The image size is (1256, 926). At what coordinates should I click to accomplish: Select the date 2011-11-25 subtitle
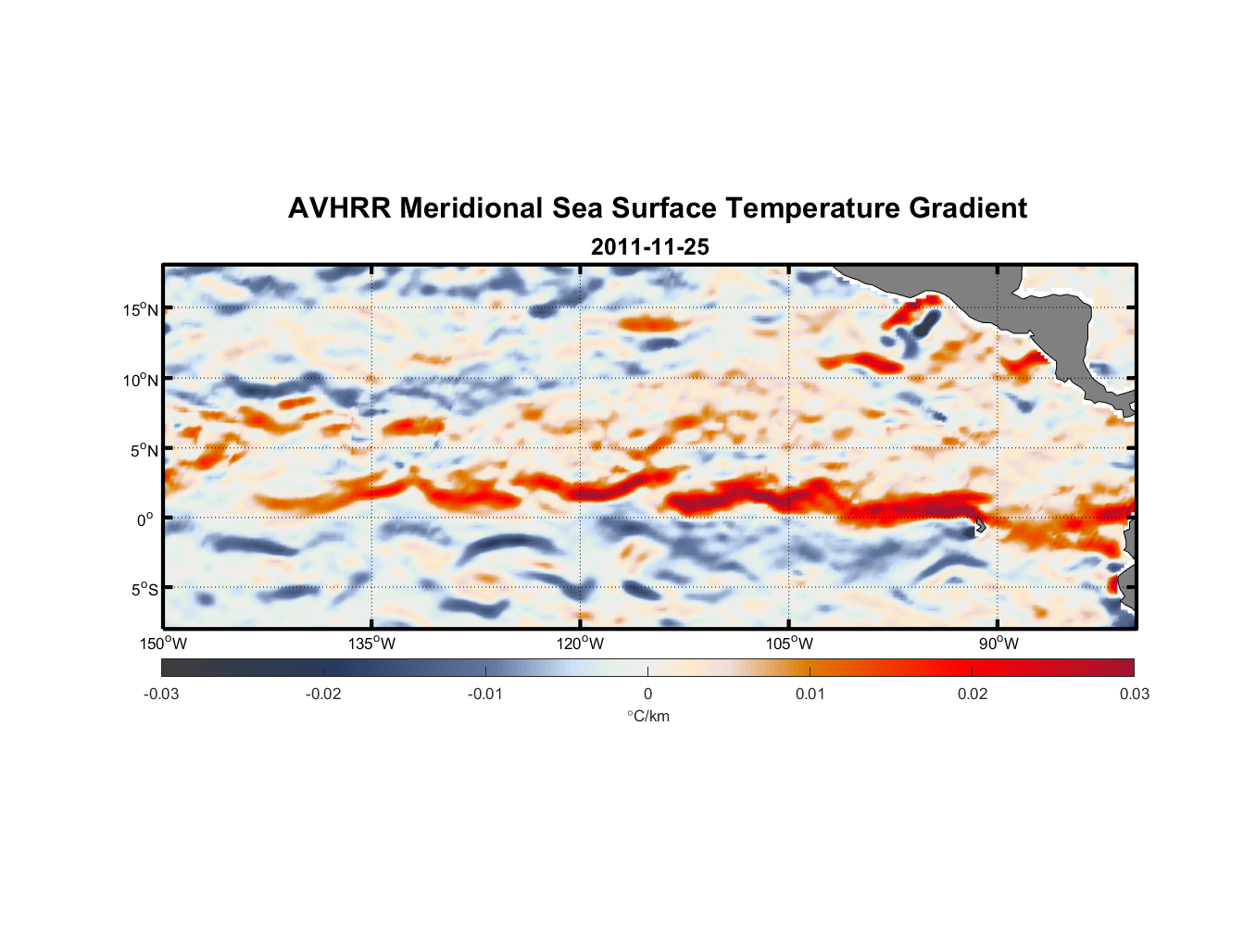[x=649, y=247]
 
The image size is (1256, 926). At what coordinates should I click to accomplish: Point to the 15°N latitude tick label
[x=141, y=310]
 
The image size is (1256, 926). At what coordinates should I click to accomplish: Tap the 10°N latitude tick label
[x=141, y=380]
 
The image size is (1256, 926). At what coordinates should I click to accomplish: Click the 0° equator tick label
[x=145, y=520]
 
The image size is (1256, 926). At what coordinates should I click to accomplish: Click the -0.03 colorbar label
[x=161, y=694]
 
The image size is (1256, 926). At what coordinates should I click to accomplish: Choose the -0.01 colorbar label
[x=485, y=694]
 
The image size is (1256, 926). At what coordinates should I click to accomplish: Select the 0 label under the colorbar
[x=647, y=694]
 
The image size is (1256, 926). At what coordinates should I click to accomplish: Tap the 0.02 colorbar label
[x=973, y=694]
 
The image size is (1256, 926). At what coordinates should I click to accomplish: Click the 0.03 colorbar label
[x=1134, y=694]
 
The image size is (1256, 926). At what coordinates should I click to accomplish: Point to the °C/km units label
[x=647, y=717]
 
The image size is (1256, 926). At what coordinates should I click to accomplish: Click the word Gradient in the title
[x=968, y=208]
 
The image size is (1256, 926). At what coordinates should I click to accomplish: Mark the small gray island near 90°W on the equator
[x=979, y=525]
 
